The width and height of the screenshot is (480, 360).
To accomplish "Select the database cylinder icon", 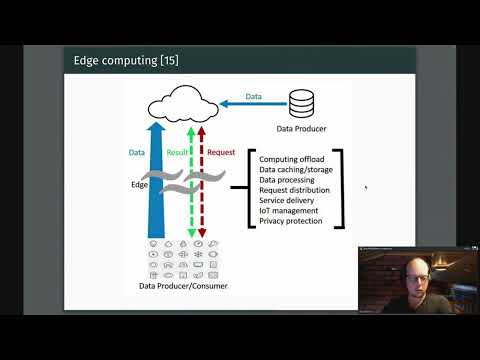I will point(300,103).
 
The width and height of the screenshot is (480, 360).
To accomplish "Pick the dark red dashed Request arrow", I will point(201,200).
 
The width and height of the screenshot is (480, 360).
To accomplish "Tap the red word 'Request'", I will point(220,152).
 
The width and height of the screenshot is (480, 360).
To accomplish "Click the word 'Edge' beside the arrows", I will point(139,185).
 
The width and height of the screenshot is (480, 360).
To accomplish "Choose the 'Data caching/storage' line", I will point(297,169).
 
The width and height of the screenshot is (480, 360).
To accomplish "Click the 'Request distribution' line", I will point(296,190).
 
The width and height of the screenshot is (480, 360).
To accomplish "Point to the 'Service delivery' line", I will point(289,200).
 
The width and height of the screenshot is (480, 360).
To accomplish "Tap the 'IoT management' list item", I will point(288,210).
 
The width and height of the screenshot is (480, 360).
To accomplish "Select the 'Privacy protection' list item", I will point(291,221).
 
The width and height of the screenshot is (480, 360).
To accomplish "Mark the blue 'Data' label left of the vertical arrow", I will point(137,152).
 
